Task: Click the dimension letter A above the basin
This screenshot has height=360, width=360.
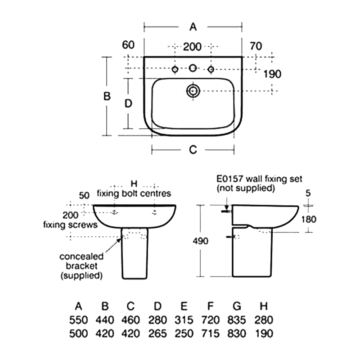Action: pyautogui.click(x=193, y=27)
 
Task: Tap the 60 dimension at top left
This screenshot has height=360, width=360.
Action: pyautogui.click(x=128, y=45)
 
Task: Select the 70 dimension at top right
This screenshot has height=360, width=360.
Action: pyautogui.click(x=256, y=46)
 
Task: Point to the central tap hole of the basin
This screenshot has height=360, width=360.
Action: pyautogui.click(x=193, y=68)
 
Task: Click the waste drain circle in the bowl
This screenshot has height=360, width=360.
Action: pyautogui.click(x=193, y=91)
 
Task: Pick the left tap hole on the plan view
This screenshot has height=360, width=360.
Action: pyautogui.click(x=175, y=69)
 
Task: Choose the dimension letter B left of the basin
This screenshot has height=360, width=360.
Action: pyautogui.click(x=107, y=96)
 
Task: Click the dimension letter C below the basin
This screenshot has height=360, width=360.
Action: pyautogui.click(x=193, y=150)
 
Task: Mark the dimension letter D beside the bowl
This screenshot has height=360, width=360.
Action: pyautogui.click(x=128, y=103)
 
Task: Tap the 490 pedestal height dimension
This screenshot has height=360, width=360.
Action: pyautogui.click(x=201, y=241)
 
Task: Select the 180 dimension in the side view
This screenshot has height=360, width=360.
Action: pyautogui.click(x=309, y=220)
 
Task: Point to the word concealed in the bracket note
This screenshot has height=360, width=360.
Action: pyautogui.click(x=81, y=256)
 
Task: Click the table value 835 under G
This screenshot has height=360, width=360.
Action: pyautogui.click(x=237, y=320)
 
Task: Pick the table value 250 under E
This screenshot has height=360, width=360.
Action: pyautogui.click(x=184, y=333)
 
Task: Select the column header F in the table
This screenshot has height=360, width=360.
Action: pyautogui.click(x=210, y=306)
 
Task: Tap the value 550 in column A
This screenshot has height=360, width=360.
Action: pyautogui.click(x=78, y=320)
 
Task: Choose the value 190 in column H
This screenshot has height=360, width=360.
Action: pyautogui.click(x=264, y=333)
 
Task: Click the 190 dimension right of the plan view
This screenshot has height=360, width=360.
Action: pyautogui.click(x=272, y=74)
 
